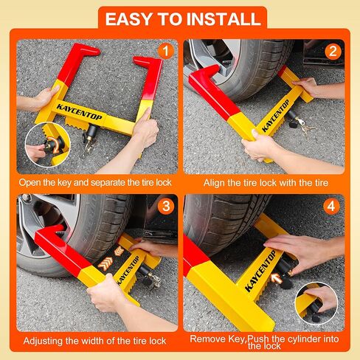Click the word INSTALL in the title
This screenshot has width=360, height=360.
point(224,19)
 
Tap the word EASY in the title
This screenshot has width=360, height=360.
point(128,19)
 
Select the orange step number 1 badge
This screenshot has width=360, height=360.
point(166,51)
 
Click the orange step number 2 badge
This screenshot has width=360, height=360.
point(333,52)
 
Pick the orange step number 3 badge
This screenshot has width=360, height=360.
point(166,206)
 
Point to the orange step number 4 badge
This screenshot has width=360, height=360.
point(331,206)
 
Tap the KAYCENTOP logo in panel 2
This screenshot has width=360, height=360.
point(275,116)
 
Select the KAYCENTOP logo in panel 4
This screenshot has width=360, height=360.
point(260,271)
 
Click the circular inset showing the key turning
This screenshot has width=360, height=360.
point(47,145)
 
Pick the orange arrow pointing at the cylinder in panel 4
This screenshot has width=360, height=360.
point(276,278)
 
